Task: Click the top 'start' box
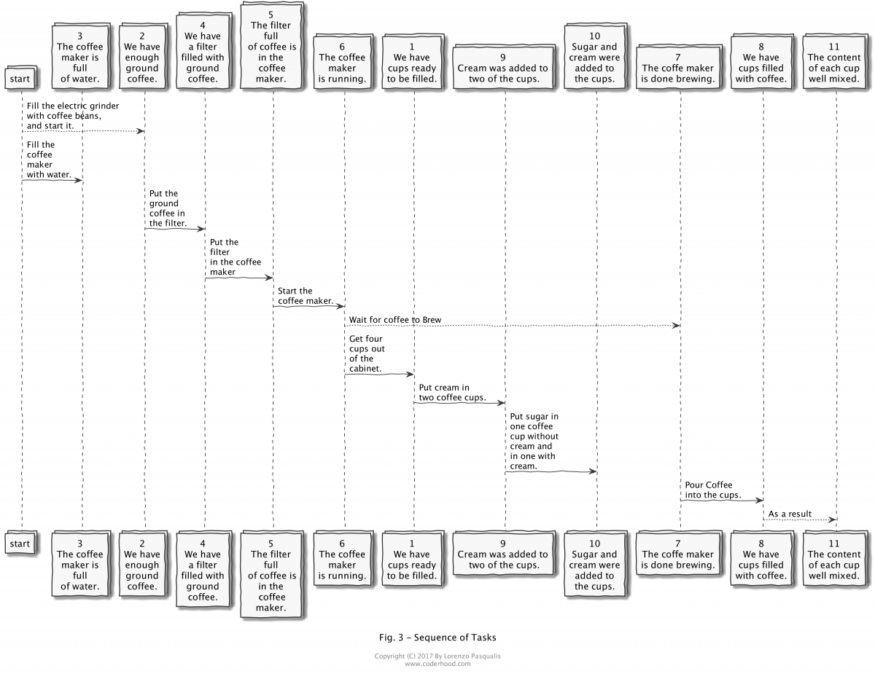click(x=20, y=77)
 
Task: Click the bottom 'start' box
click(x=20, y=544)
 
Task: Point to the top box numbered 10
click(x=594, y=58)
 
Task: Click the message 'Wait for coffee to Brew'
click(x=394, y=321)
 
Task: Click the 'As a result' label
click(x=790, y=514)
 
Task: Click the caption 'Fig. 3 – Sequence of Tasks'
click(x=437, y=638)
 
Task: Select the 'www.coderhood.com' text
click(x=437, y=664)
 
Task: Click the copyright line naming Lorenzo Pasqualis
click(x=437, y=657)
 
